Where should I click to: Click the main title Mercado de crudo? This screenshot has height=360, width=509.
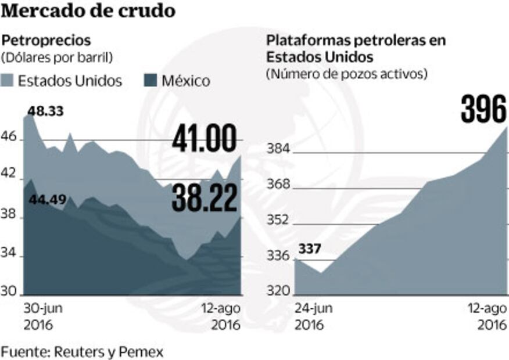tap(88, 12)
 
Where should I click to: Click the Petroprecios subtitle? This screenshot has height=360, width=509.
tap(46, 41)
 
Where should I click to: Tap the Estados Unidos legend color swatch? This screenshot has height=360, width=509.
tap(9, 80)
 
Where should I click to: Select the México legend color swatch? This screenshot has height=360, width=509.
tap(150, 80)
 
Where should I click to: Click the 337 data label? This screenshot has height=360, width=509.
tap(310, 249)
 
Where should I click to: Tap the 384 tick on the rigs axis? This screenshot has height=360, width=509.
tap(278, 149)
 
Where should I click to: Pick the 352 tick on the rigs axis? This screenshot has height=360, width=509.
tap(278, 220)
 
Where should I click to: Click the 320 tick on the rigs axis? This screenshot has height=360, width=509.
tap(278, 291)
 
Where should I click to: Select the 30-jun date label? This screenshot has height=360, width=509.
tap(42, 308)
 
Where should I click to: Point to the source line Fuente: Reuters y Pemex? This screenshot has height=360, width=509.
tap(82, 351)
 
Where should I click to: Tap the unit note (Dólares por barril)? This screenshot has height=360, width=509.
tap(56, 57)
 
